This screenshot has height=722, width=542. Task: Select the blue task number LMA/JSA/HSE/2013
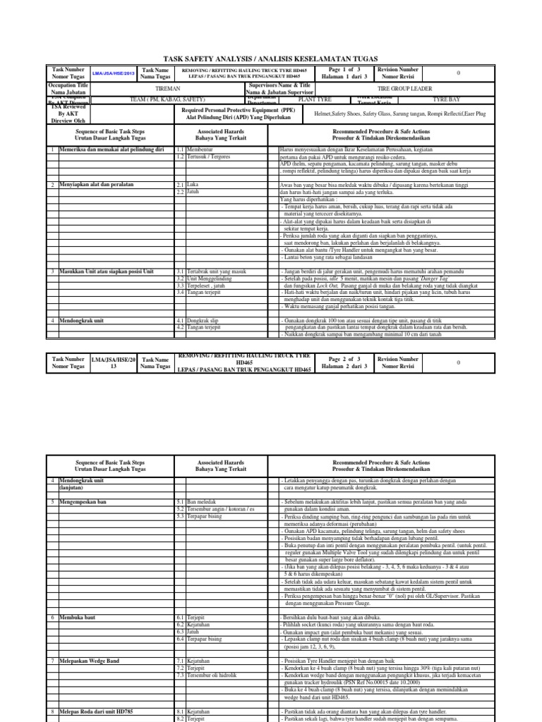pos(109,74)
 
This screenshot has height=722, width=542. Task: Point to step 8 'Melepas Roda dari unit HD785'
pos(100,712)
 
